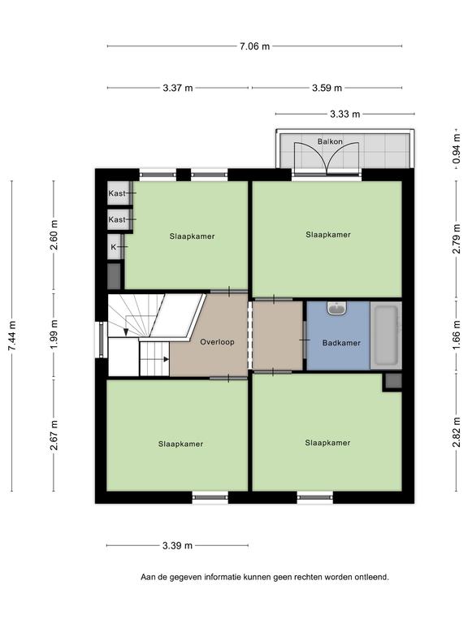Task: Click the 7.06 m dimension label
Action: coord(254,46)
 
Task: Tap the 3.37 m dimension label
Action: coord(177,88)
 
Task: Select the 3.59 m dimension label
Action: coord(327,88)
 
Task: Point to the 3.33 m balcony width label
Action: coord(345,115)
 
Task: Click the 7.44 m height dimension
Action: coord(12,336)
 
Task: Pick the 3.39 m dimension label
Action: coord(177,546)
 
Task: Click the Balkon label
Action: coord(330,141)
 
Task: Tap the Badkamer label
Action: coord(341,343)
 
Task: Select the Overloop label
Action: coord(217,342)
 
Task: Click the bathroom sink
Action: coord(338,308)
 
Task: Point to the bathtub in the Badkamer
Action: coord(386,336)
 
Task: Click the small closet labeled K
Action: coord(115,247)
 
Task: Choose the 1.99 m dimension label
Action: coord(54,335)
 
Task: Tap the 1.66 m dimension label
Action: coord(457,336)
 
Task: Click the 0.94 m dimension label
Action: coord(457,148)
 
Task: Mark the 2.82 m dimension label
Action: coord(457,431)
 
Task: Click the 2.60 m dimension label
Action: coord(54,235)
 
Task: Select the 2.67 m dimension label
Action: coord(54,435)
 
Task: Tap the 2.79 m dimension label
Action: coord(457,238)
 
